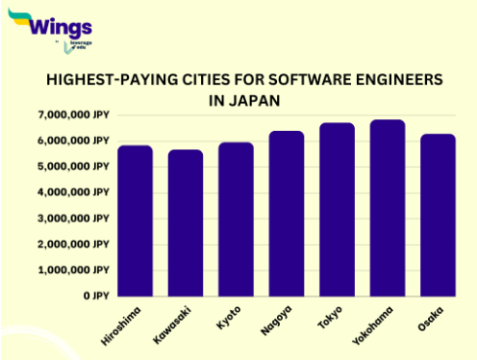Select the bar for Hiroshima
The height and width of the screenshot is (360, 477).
click(135, 220)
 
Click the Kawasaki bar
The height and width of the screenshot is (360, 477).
click(186, 222)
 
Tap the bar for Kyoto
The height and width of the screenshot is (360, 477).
click(236, 219)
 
